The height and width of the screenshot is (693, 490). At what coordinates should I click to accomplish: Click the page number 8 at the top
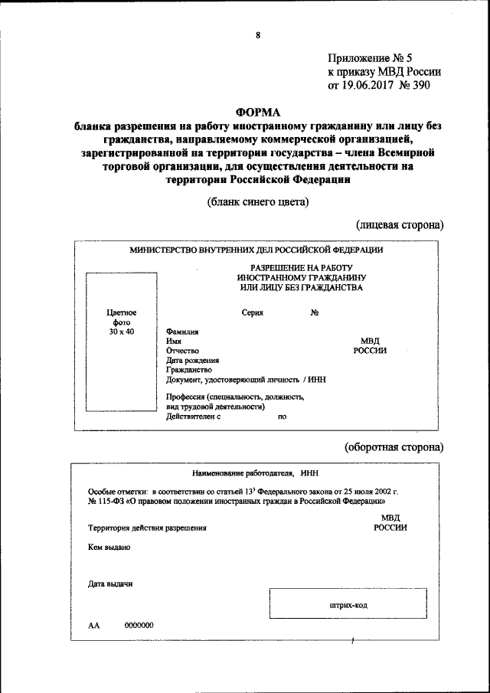coord(258,35)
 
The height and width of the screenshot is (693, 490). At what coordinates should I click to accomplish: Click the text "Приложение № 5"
coord(369,57)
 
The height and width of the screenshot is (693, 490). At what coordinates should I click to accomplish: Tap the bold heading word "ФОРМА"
coord(258,111)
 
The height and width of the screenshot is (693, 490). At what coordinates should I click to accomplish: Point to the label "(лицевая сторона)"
coord(400,225)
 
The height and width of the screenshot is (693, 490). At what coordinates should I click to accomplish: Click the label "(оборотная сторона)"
coord(394,446)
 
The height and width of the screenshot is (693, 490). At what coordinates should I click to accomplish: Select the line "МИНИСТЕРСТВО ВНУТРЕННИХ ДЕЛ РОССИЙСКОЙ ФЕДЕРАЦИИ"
coord(256,250)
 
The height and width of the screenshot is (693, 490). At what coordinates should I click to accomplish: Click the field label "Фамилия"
coord(182,332)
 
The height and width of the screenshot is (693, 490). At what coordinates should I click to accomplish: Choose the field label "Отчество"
coord(182,350)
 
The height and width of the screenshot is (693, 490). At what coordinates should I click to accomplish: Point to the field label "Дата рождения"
coord(192,360)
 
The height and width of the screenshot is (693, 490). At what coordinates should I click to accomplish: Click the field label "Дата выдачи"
coord(110,583)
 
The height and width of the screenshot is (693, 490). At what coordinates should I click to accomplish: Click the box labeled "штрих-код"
coord(348,605)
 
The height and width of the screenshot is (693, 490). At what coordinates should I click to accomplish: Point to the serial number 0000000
coord(139,625)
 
